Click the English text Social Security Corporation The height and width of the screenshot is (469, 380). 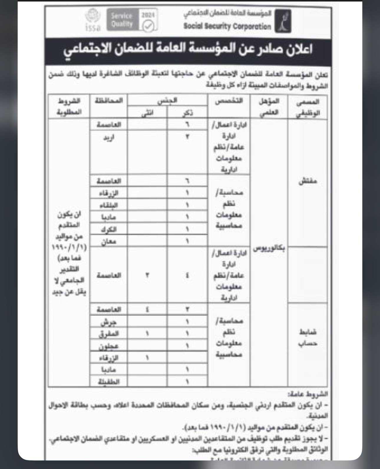point(227,26)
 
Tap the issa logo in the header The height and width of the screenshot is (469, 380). point(93,20)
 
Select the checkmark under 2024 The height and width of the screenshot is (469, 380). point(148,26)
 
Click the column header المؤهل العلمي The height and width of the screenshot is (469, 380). point(269,107)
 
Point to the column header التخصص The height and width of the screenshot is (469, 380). point(229,101)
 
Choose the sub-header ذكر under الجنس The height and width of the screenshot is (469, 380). point(187,113)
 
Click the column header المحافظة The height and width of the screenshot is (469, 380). point(108,101)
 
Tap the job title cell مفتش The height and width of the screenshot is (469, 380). point(308,181)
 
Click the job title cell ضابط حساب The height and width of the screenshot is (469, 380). point(308,337)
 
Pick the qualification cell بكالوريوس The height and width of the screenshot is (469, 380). point(269,248)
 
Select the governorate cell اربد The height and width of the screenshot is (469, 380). point(108,137)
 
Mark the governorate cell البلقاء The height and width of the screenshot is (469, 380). point(108,205)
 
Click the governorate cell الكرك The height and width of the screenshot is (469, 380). point(108,229)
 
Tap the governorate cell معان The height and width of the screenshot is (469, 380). point(108,241)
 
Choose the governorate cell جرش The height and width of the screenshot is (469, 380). point(108,322)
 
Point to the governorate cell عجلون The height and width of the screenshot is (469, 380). point(108,346)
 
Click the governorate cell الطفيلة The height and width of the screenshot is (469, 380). point(108,382)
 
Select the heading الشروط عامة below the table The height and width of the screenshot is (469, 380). point(308,394)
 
